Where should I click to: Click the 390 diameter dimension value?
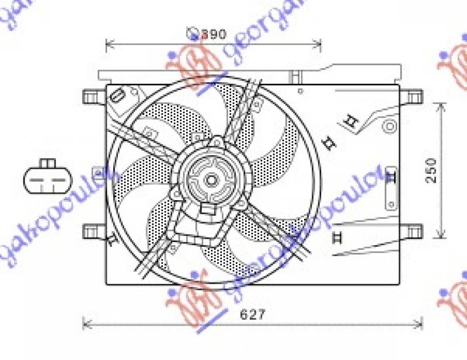click(x=214, y=34)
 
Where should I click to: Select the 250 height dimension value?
click(x=431, y=170)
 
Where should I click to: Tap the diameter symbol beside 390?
click(x=193, y=34)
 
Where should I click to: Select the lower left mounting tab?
click(x=93, y=231)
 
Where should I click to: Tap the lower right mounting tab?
click(x=412, y=231)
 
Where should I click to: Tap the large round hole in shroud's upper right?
click(x=389, y=125)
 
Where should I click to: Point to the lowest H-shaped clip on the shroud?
click(x=336, y=237)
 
